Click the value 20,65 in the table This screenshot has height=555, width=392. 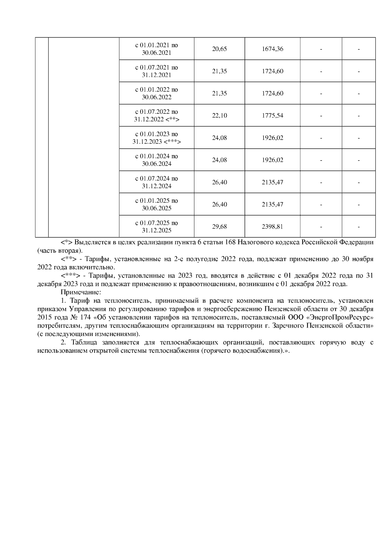[219, 49]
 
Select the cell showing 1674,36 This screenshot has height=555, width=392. [272, 49]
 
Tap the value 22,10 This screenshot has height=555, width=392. [219, 116]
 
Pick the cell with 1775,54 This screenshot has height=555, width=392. [272, 116]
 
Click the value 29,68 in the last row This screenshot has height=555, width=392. [219, 227]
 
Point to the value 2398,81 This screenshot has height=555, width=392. [272, 227]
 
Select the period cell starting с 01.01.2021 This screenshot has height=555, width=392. [156, 49]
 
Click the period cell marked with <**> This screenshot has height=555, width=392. [156, 116]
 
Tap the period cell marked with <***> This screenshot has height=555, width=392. [156, 138]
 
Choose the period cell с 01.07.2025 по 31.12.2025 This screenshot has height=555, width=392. [156, 227]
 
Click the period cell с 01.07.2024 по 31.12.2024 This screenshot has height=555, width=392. [156, 182]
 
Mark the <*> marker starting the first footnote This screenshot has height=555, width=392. [67, 243]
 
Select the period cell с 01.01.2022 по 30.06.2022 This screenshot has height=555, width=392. [156, 93]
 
